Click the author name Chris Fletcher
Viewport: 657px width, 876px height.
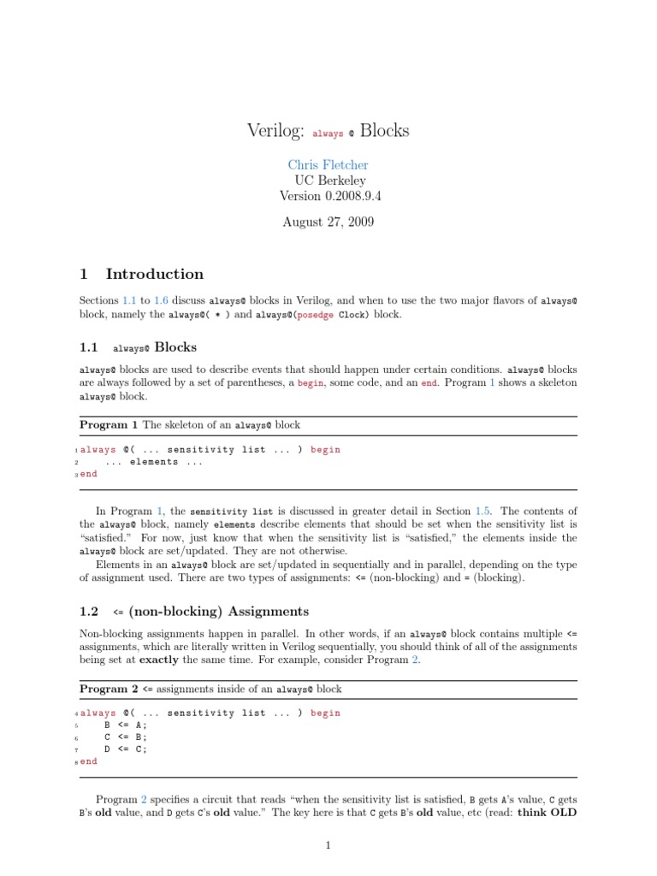point(329,164)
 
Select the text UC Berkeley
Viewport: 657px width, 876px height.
point(329,181)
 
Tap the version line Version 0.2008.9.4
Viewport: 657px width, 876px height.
point(329,196)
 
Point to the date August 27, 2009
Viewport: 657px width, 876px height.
point(329,222)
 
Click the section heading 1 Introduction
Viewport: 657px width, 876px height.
point(142,275)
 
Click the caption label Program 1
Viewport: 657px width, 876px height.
point(109,424)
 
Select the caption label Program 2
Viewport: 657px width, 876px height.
point(109,688)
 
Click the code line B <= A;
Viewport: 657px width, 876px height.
point(125,725)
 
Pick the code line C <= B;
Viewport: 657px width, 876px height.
point(125,737)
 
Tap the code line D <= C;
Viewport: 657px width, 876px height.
point(125,749)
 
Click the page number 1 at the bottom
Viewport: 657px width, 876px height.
point(328,846)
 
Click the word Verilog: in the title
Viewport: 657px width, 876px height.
point(276,131)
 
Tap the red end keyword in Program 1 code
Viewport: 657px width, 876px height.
point(88,474)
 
